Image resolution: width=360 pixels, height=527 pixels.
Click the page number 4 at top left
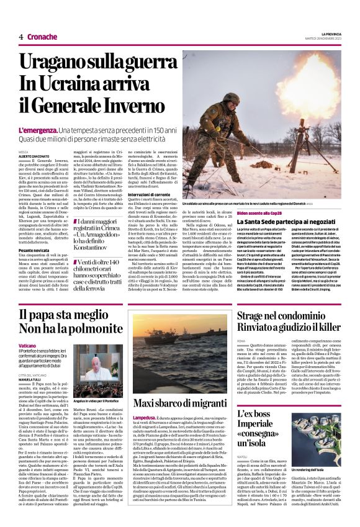21,37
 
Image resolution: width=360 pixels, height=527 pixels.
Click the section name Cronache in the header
42,37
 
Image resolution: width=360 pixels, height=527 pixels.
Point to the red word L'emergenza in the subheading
37,131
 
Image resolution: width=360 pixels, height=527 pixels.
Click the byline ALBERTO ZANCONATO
33,155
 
